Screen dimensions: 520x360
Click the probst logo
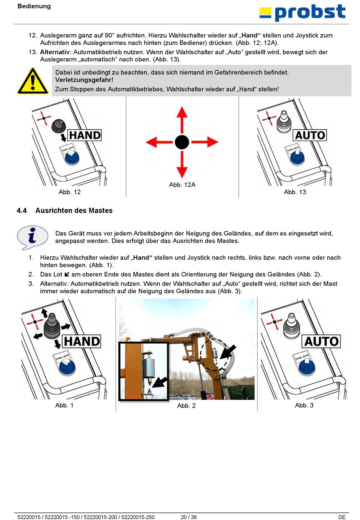coord(302,12)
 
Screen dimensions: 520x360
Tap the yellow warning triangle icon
coord(33,81)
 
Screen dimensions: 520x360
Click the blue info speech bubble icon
coord(33,237)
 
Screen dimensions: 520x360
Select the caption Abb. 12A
coord(182,185)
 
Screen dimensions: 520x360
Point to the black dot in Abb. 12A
coord(182,142)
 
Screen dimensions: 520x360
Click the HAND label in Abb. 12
coord(85,135)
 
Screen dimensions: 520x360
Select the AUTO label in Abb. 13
coord(310,135)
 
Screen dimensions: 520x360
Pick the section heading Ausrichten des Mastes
coord(74,211)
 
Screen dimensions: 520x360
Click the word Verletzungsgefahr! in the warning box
coord(84,80)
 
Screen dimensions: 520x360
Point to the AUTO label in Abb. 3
coord(321,341)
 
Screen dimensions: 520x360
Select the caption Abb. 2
coord(186,406)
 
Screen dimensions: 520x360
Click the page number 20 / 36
coord(189,517)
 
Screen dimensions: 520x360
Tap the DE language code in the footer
coord(342,517)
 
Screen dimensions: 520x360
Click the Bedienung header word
coord(34,6)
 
